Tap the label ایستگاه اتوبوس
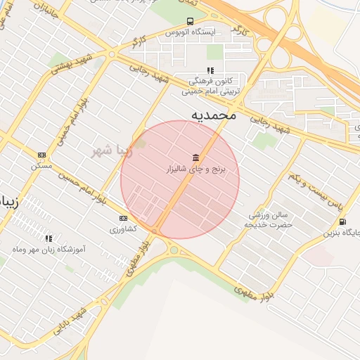tap(189, 32)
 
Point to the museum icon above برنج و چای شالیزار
tap(195, 157)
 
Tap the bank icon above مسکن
tap(41, 155)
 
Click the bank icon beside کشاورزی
tap(124, 218)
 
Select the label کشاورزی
tap(124, 229)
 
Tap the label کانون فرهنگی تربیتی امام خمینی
tap(211, 86)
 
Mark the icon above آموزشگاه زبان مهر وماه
tap(49, 238)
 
